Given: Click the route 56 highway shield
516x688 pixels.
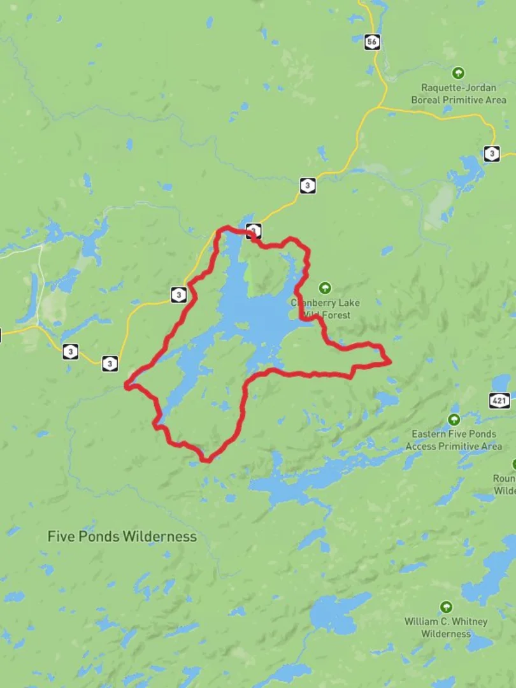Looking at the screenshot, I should click(373, 42).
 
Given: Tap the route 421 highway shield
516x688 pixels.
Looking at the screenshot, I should click(499, 401).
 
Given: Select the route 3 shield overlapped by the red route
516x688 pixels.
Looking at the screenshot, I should click(253, 231).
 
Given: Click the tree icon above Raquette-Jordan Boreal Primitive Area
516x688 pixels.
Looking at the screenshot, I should click(458, 73).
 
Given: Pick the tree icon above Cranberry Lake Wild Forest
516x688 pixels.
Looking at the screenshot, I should click(326, 288).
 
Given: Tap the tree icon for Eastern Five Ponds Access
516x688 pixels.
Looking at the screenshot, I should click(454, 419).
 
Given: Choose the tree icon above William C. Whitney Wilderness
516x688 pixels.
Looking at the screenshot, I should click(446, 607).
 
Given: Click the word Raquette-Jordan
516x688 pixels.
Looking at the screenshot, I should click(459, 88).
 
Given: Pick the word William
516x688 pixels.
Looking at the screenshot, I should click(422, 622).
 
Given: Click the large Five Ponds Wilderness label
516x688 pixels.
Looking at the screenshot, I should click(122, 536).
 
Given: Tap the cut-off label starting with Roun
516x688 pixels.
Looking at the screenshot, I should click(504, 479).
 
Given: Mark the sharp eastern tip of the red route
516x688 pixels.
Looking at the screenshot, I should click(390, 362).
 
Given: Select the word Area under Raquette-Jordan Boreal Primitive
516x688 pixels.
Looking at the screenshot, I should click(494, 100).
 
